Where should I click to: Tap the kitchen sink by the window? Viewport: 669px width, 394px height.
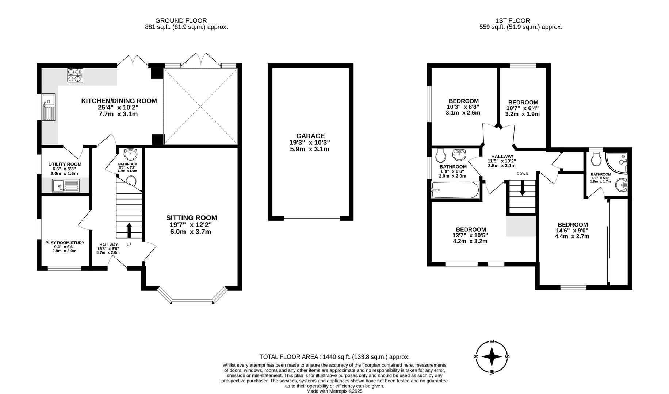[48, 107]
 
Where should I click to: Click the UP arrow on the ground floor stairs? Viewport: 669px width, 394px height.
[129, 230]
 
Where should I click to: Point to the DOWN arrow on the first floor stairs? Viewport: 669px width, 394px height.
[522, 189]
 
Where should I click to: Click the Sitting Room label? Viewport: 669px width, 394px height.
[191, 218]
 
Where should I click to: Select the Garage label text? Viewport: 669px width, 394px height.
[310, 136]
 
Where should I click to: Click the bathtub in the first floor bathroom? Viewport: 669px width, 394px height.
[455, 190]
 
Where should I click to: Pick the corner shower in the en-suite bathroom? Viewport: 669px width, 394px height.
[618, 162]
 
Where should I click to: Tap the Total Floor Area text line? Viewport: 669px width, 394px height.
[334, 357]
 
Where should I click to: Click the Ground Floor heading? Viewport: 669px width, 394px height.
[181, 21]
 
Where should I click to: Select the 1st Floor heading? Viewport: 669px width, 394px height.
[513, 21]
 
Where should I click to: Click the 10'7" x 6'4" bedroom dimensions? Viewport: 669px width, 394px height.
[522, 108]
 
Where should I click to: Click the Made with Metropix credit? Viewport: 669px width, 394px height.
[334, 391]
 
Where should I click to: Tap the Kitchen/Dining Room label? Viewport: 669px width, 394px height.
[119, 101]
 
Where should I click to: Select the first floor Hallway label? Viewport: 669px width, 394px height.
[502, 156]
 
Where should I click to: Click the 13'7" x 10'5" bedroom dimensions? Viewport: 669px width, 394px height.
[470, 235]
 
